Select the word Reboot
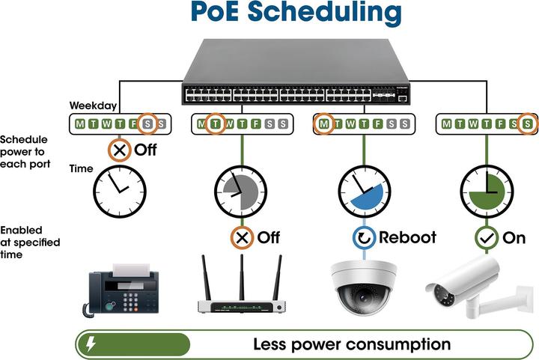coord(406,238)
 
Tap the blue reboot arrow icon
coord(364,238)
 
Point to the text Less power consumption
coord(352,344)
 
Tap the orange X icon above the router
coord(241,238)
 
